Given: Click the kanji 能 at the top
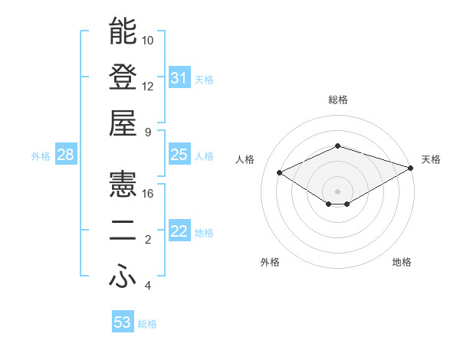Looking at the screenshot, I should point(123,31).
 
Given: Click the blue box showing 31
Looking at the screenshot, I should point(179,77).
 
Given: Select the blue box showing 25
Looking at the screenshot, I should point(179,155).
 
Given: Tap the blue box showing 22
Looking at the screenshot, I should point(179,232).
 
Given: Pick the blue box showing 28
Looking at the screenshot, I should point(65,155).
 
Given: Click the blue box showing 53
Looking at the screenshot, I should point(122,322).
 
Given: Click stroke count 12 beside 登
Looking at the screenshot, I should point(148,86).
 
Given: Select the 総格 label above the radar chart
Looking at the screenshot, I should point(337,100).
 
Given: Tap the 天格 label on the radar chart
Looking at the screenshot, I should point(431,159).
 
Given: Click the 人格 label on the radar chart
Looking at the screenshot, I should point(245,159).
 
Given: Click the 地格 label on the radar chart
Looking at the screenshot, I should point(402,262).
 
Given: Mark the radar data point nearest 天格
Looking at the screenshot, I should point(412,167).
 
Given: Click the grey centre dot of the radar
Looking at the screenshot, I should point(337,191).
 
